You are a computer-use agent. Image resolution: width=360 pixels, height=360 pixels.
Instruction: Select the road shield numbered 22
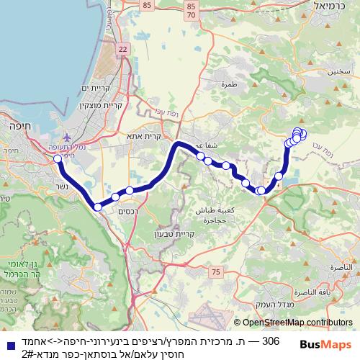pyautogui.click(x=123, y=48)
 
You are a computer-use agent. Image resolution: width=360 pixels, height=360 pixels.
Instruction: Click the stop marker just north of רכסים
pyautogui.click(x=115, y=197)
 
